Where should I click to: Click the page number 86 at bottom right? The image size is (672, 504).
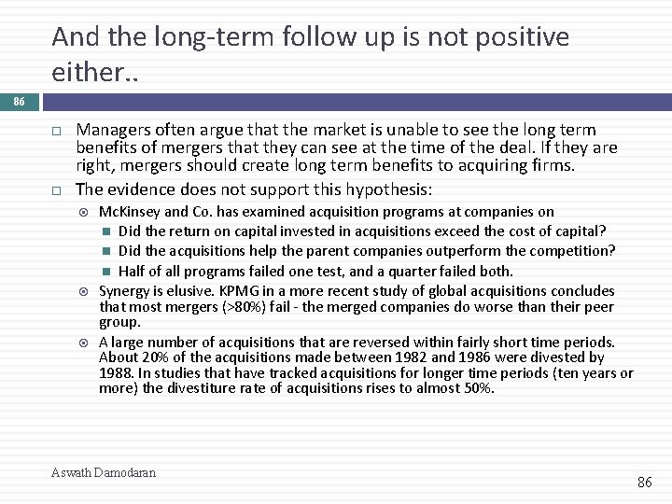644,482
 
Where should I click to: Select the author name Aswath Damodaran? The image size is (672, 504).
104,472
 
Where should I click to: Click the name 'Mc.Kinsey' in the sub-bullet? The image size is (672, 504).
129,212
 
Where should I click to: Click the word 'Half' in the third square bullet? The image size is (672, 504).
133,271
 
